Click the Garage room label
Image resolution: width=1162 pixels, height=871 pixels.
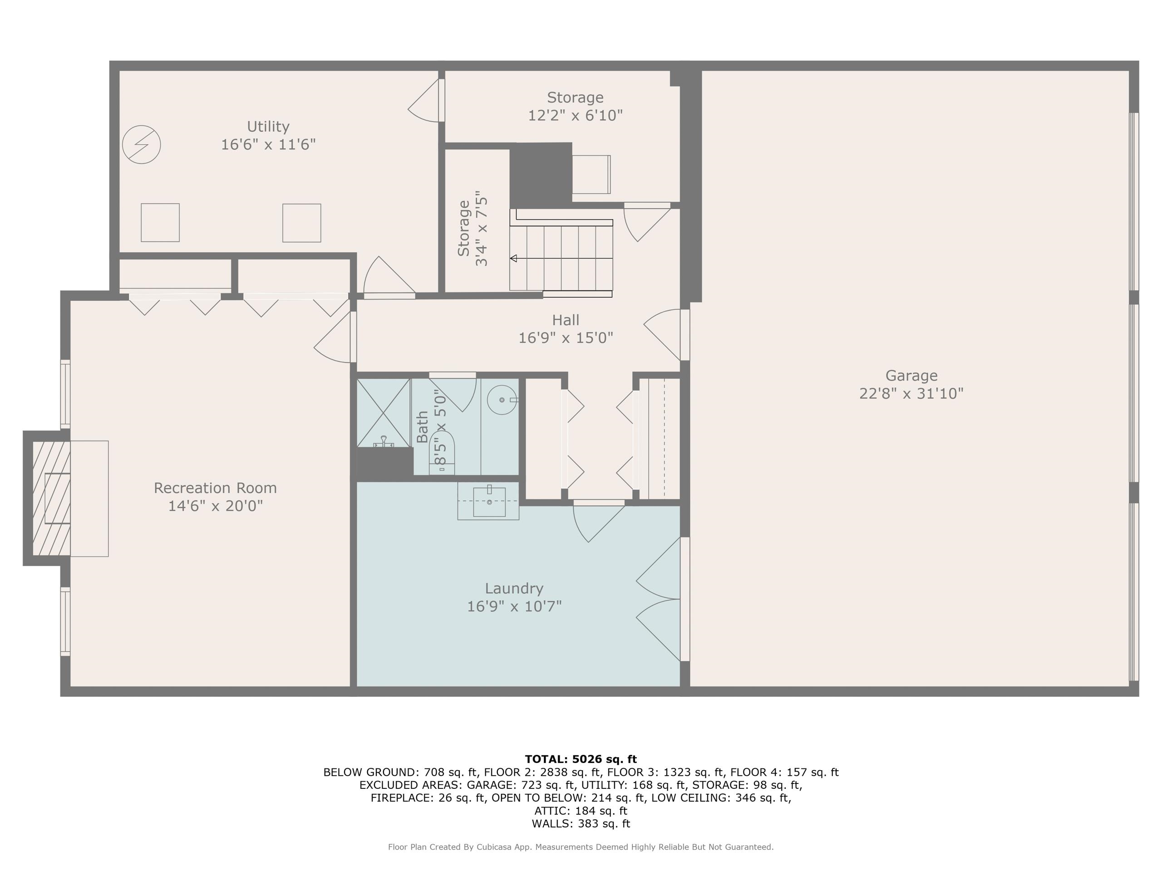tap(911, 376)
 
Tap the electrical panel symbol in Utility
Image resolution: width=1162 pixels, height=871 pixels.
tap(141, 144)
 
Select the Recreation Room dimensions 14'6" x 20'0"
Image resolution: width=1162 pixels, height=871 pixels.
tap(216, 506)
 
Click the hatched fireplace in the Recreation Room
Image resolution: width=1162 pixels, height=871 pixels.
tap(51, 498)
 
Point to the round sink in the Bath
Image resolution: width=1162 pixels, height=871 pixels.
tap(502, 400)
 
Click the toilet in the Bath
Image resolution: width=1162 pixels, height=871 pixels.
tap(442, 451)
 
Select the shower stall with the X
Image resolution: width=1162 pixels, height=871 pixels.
tap(383, 413)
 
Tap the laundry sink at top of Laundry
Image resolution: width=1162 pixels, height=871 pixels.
tap(489, 501)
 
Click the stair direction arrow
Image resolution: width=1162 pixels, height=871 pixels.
tap(513, 258)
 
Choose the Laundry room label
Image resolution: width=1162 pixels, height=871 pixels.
tap(514, 588)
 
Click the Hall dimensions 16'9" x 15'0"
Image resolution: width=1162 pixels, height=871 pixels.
tap(566, 338)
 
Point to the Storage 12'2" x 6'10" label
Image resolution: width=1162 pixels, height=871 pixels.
tap(575, 106)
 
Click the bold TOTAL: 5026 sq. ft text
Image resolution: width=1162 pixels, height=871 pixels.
tap(581, 759)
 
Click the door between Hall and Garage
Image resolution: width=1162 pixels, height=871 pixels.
tap(665, 334)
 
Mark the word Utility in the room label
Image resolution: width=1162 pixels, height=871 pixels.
tap(268, 127)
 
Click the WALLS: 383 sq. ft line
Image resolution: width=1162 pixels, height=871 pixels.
tap(581, 824)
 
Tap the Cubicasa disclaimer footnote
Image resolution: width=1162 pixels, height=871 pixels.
tap(581, 847)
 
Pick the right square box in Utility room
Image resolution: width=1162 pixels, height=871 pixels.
tap(301, 223)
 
